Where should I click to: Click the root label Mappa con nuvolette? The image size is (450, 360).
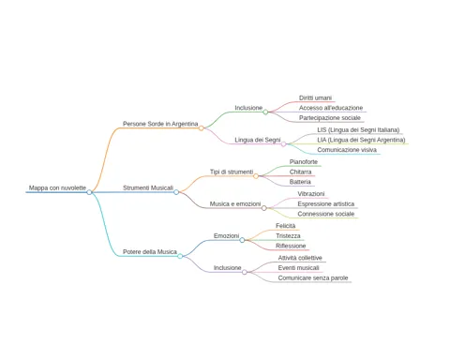click(x=57, y=187)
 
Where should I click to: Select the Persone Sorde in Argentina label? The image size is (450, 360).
click(x=160, y=124)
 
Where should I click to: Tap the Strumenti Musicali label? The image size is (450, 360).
click(x=148, y=187)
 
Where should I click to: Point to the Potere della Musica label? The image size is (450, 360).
click(x=150, y=252)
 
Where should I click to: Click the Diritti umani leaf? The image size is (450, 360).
click(x=315, y=97)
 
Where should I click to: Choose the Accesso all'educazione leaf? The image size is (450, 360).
click(x=331, y=108)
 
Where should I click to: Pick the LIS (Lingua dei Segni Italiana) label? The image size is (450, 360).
click(x=358, y=129)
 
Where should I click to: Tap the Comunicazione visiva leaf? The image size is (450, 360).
click(x=347, y=150)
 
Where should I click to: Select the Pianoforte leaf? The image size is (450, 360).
click(x=304, y=162)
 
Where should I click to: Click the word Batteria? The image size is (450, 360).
click(x=300, y=182)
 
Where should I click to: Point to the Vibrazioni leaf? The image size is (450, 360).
click(x=311, y=194)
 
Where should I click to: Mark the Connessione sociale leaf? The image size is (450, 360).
click(x=326, y=214)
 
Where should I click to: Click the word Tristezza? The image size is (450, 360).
click(x=288, y=236)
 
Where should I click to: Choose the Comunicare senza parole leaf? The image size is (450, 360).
click(x=313, y=277)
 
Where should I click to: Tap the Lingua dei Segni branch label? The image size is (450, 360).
click(x=258, y=140)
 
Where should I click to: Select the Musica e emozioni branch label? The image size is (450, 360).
click(x=235, y=204)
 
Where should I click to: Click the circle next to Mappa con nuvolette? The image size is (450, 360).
click(x=89, y=192)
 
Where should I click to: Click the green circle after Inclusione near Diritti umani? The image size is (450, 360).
click(x=265, y=112)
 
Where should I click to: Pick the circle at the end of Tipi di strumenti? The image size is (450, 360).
click(x=256, y=176)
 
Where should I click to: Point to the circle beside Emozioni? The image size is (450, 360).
click(x=242, y=240)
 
